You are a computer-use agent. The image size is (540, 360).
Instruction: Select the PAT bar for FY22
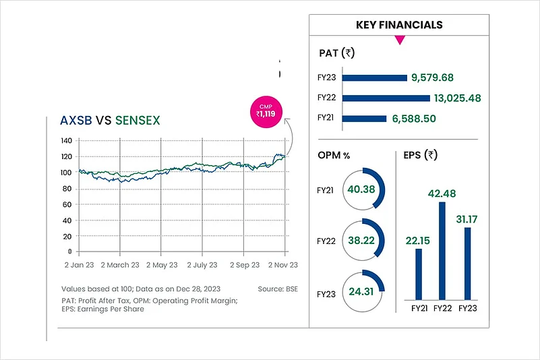click(x=386, y=98)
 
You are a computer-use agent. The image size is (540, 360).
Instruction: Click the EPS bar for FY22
click(x=442, y=250)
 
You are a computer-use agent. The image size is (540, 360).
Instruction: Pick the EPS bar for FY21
click(x=418, y=274)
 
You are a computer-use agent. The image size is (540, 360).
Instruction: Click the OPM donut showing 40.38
click(x=362, y=189)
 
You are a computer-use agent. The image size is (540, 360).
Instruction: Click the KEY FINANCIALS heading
click(x=399, y=25)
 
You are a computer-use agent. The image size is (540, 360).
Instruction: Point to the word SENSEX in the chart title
click(x=138, y=121)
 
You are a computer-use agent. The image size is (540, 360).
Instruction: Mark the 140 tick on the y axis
click(x=66, y=141)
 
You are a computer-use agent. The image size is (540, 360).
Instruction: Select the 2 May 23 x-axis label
click(x=160, y=265)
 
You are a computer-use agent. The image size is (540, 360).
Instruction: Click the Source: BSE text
click(x=277, y=289)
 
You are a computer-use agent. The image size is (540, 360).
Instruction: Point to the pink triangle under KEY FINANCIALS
click(x=399, y=40)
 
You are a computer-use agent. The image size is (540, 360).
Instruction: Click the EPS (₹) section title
click(x=422, y=155)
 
